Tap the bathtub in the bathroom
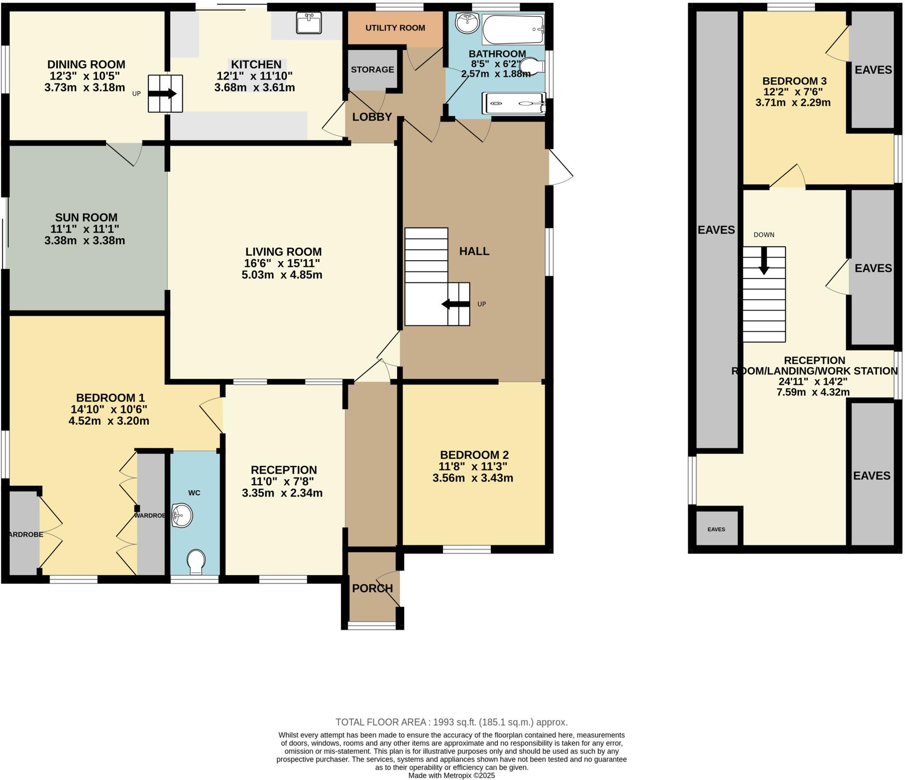pos(513,29)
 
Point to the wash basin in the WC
pos(182,515)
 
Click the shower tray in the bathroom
pos(513,104)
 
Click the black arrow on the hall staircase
pos(456,304)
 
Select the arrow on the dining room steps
pos(163,94)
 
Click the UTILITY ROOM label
pos(395,28)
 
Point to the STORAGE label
pos(373,69)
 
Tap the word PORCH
pos(373,588)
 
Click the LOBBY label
pos(372,117)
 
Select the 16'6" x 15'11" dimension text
pos(282,263)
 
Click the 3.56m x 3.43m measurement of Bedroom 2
pos(473,478)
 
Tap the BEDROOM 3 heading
pos(795,81)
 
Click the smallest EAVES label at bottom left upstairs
pos(716,529)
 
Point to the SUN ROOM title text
pos(86,217)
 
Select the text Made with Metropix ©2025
pos(451,776)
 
